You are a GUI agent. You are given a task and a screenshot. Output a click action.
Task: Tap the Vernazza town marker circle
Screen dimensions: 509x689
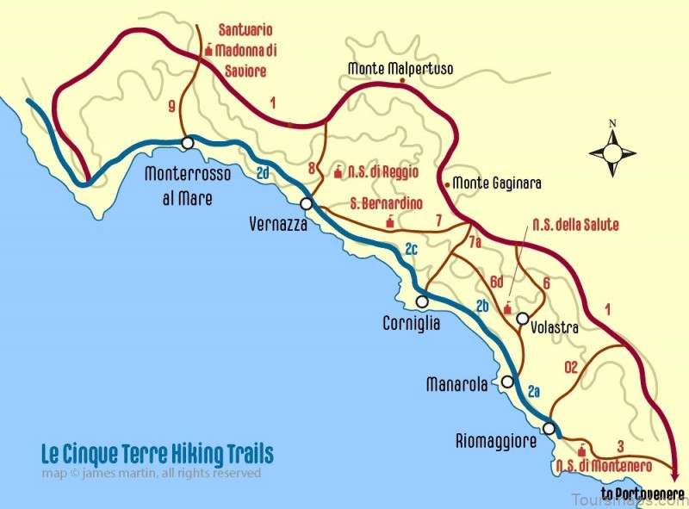tap(306, 204)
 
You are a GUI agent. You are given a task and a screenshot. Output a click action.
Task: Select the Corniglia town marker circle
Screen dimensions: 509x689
tap(422, 301)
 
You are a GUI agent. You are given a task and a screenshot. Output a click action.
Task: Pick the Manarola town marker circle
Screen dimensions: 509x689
tap(508, 382)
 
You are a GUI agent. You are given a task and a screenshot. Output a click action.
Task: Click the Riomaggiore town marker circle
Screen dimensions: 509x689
tap(549, 429)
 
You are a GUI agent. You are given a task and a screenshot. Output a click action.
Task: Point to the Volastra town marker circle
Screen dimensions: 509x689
tap(522, 319)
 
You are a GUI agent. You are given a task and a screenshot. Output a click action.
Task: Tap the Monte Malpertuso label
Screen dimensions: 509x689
tap(400, 68)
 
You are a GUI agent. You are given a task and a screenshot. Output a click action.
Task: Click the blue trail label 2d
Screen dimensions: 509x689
tap(264, 173)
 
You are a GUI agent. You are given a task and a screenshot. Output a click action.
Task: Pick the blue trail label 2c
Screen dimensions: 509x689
tap(411, 249)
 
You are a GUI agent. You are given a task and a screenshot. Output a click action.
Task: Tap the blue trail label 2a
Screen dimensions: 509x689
tap(533, 391)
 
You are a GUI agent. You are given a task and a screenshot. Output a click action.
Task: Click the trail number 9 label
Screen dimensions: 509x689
tap(172, 107)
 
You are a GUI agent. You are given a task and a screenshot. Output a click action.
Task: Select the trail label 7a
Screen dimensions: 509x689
tap(475, 244)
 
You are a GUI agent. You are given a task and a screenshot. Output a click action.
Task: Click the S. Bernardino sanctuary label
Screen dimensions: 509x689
tap(387, 204)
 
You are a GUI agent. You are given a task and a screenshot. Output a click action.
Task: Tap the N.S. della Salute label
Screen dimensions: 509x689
tap(575, 224)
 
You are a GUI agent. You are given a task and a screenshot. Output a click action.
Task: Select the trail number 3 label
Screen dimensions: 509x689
tap(620, 445)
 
